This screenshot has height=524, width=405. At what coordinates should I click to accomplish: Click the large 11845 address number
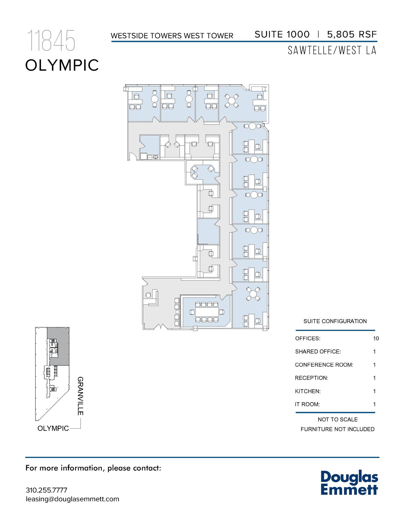pyautogui.click(x=51, y=41)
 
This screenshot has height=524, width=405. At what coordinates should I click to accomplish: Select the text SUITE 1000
pyautogui.click(x=282, y=34)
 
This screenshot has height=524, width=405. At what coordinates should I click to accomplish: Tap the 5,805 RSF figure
pyautogui.click(x=352, y=34)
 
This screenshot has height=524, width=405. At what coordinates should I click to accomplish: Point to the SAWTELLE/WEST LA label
pyautogui.click(x=332, y=50)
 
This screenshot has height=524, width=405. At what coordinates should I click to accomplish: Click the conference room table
pyautogui.click(x=207, y=312)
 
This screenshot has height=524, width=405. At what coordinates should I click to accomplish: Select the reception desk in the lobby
pyautogui.click(x=152, y=298)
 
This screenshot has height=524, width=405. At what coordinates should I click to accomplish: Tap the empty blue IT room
pyautogui.click(x=209, y=232)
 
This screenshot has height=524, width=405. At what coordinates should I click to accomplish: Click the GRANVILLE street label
pyautogui.click(x=80, y=396)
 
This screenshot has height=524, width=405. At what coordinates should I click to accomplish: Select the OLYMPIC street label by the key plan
pyautogui.click(x=53, y=428)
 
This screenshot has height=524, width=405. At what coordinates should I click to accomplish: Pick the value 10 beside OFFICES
pyautogui.click(x=376, y=339)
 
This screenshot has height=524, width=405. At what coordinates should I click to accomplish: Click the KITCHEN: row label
pyautogui.click(x=308, y=391)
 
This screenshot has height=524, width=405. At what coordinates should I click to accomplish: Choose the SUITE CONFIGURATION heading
pyautogui.click(x=335, y=321)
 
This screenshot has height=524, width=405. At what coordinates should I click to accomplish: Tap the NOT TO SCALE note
pyautogui.click(x=337, y=420)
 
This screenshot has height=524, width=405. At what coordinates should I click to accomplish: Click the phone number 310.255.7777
pyautogui.click(x=47, y=490)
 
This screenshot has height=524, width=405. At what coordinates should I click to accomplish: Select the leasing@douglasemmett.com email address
pyautogui.click(x=72, y=499)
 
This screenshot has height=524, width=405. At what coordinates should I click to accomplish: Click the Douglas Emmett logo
pyautogui.click(x=349, y=483)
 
